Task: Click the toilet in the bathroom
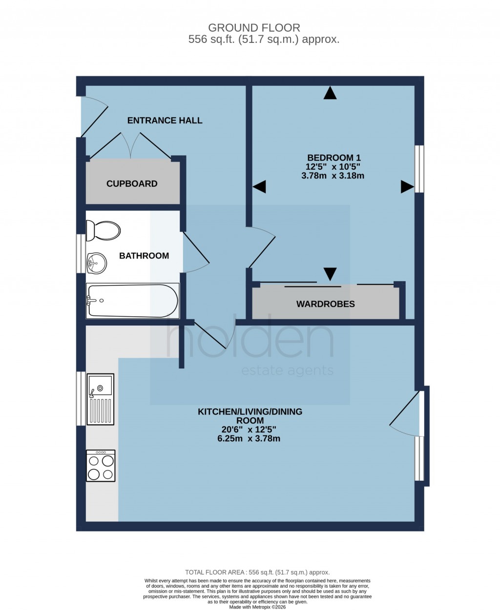[103, 230]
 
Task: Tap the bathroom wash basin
[96, 264]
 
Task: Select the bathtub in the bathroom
[132, 301]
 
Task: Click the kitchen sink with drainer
[100, 399]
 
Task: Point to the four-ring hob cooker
[101, 466]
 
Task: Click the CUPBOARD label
[132, 184]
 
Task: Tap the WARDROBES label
[325, 304]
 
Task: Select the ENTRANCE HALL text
[165, 121]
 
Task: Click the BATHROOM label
[144, 256]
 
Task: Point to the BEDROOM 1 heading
[333, 158]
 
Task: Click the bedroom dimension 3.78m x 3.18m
[333, 176]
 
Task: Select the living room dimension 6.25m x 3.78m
[249, 438]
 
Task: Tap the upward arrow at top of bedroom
[330, 93]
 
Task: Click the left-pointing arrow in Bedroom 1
[259, 186]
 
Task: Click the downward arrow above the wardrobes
[330, 274]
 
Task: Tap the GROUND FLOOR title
[254, 28]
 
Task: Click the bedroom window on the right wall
[419, 168]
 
